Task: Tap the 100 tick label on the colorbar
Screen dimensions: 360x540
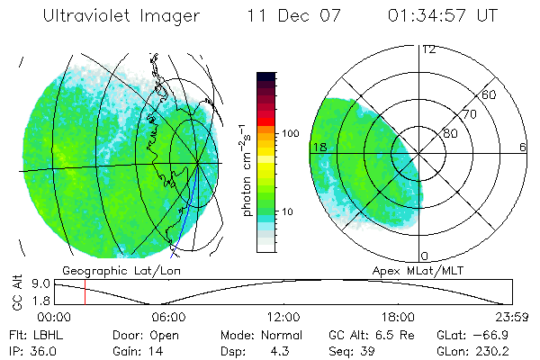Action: point(291,133)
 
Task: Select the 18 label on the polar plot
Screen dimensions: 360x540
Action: point(319,147)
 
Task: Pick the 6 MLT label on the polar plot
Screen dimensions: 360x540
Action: point(522,147)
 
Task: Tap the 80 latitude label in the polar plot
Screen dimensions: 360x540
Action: point(450,132)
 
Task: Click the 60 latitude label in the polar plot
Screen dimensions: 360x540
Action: point(490,94)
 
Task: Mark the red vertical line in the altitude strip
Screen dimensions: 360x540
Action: point(85,292)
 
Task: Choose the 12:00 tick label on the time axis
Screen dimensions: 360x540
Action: point(283,317)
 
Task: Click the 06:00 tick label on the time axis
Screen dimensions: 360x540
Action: point(168,317)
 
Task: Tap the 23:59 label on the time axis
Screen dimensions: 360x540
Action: point(513,317)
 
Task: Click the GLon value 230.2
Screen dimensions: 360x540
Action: point(508,349)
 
